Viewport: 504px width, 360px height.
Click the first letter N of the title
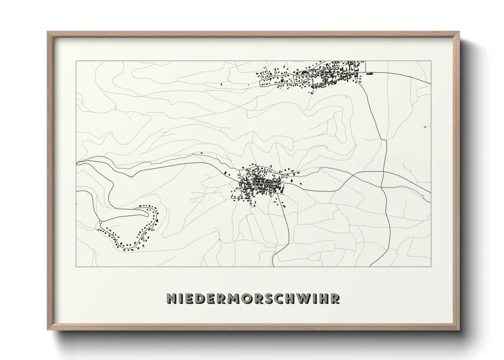point(171,298)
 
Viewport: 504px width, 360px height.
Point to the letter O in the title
point(246,298)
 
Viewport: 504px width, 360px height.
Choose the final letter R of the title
point(335,298)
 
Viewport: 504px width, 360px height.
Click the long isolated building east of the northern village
point(370,73)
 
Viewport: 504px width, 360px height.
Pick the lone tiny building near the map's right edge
point(425,127)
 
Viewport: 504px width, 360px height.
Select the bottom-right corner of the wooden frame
point(459,330)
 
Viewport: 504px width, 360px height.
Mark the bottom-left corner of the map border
point(76,267)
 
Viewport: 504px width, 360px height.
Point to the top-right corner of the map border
point(431,61)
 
